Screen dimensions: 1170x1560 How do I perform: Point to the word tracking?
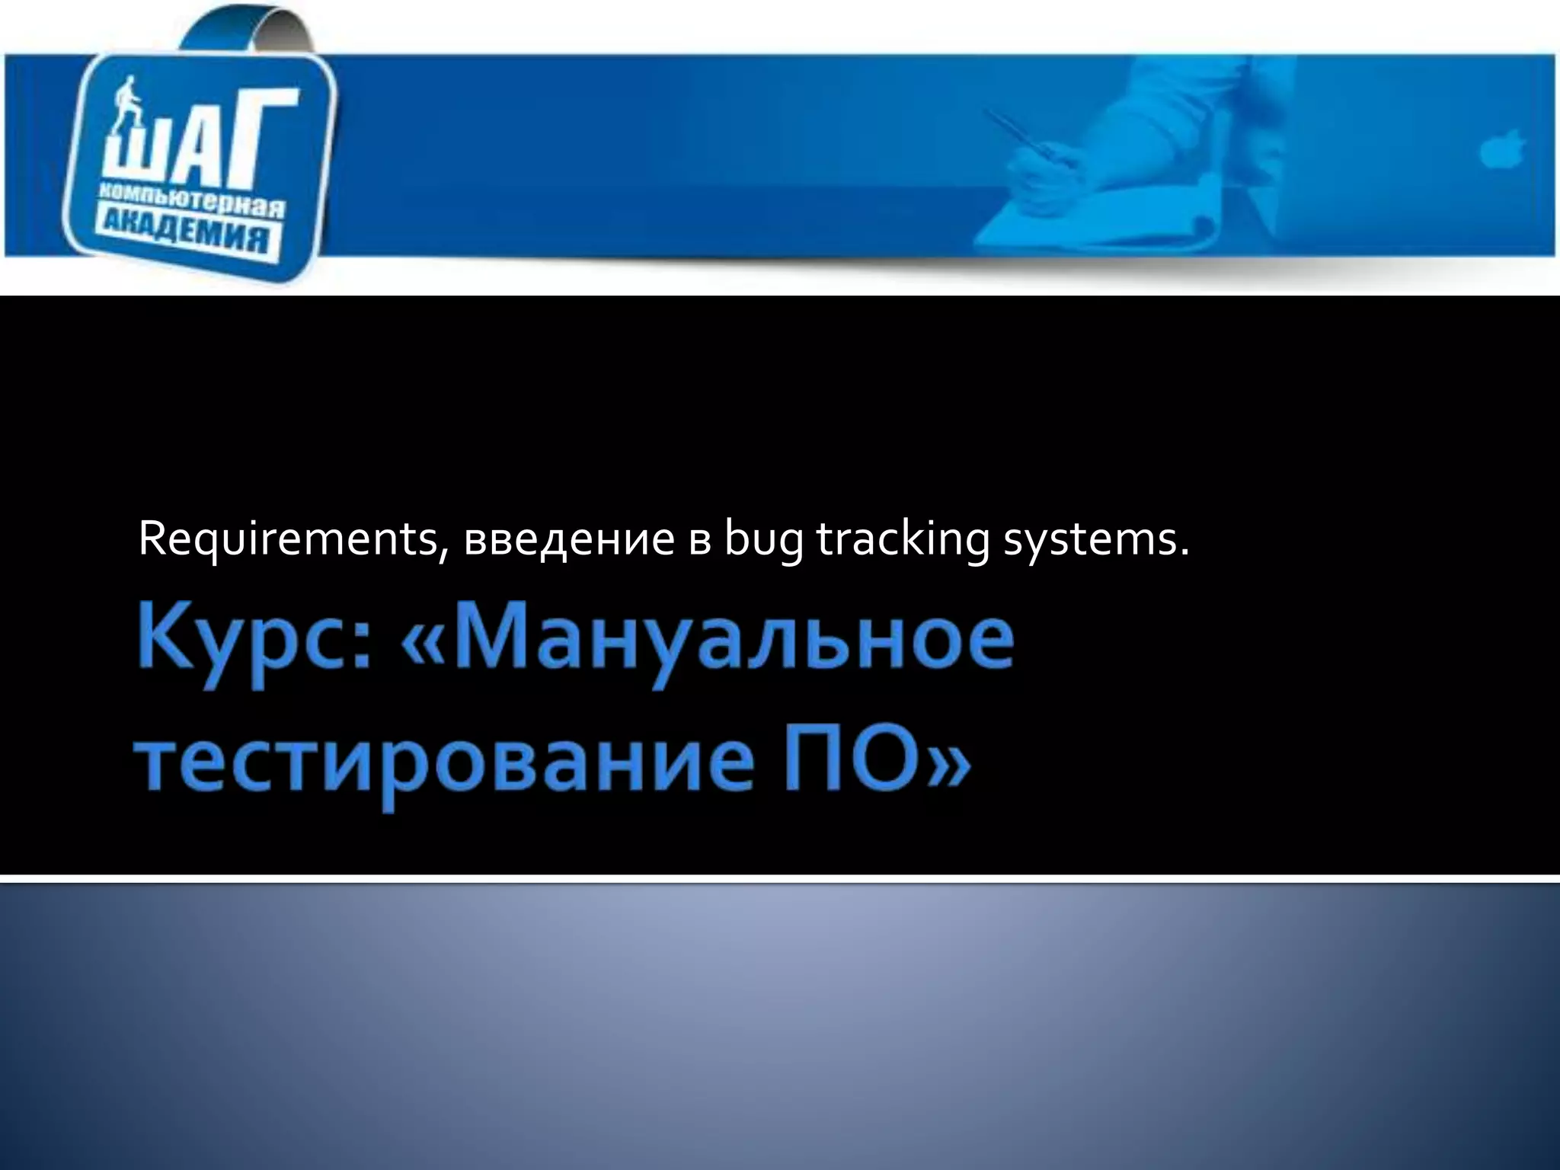tap(903, 539)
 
